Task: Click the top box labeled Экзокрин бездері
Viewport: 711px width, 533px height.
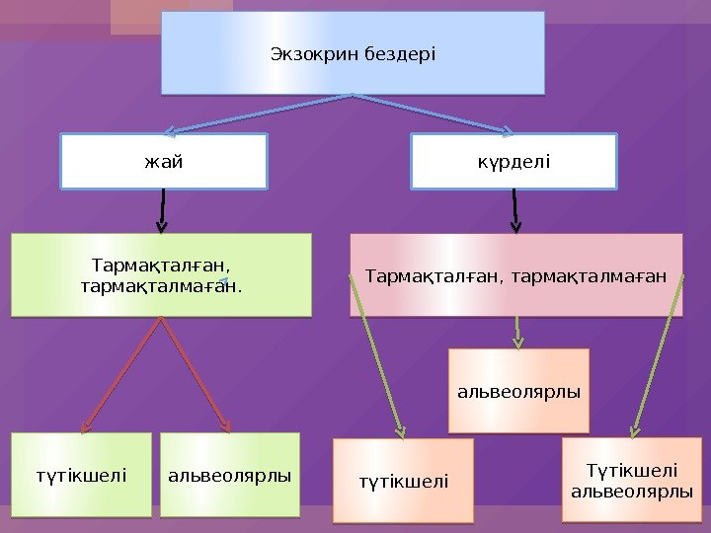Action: coord(353,52)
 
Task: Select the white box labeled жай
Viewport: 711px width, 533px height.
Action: coord(164,161)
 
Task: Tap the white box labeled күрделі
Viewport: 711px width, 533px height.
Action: coord(513,161)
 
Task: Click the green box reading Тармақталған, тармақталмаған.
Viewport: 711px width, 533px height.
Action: coord(161,274)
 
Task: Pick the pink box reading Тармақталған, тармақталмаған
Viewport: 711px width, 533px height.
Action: coord(515,274)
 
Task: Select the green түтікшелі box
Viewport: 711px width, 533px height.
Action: coord(81,475)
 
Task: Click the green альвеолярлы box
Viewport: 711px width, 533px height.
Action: coord(229,475)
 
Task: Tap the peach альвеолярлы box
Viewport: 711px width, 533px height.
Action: coord(518,391)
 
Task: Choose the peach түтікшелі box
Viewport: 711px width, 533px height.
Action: coord(403,481)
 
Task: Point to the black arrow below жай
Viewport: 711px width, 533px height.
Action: coord(162,209)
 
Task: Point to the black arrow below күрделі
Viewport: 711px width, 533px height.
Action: coord(514,210)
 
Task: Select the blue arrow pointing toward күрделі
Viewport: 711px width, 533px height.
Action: coord(434,113)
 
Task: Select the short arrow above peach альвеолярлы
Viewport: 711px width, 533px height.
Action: coord(518,331)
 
